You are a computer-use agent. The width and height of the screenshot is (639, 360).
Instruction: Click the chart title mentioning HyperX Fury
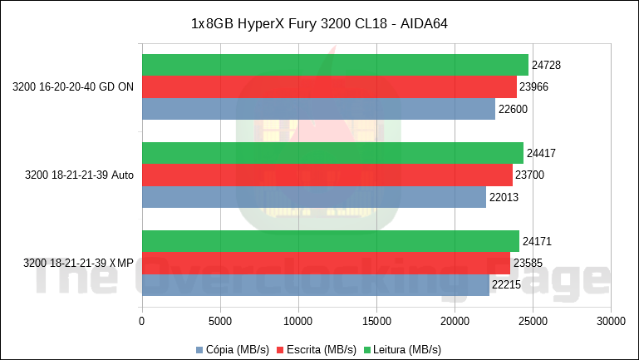pyautogui.click(x=320, y=25)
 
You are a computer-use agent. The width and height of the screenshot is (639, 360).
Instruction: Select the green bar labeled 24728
pyautogui.click(x=335, y=65)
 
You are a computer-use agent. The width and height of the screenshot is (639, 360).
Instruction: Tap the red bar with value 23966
pyautogui.click(x=329, y=86)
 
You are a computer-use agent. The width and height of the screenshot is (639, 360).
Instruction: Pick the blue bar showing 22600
pyautogui.click(x=318, y=109)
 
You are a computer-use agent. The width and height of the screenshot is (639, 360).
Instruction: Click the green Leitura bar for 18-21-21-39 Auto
pyautogui.click(x=332, y=153)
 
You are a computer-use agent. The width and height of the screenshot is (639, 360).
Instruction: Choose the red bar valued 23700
pyautogui.click(x=327, y=175)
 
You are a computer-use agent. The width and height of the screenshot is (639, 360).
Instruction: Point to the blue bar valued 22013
pyautogui.click(x=314, y=197)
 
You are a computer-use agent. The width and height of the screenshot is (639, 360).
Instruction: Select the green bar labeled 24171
pyautogui.click(x=331, y=241)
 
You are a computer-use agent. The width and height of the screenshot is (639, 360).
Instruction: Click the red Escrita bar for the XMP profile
pyautogui.click(x=326, y=263)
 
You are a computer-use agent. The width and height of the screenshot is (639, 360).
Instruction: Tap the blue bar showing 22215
pyautogui.click(x=316, y=285)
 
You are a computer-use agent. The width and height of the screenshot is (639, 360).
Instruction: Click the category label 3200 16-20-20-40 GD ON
pyautogui.click(x=73, y=86)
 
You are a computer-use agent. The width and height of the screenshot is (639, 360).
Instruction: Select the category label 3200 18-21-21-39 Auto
pyautogui.click(x=79, y=175)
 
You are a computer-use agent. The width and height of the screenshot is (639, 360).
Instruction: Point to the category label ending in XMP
pyautogui.click(x=79, y=264)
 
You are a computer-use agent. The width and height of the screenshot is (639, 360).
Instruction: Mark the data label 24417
pyautogui.click(x=542, y=153)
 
